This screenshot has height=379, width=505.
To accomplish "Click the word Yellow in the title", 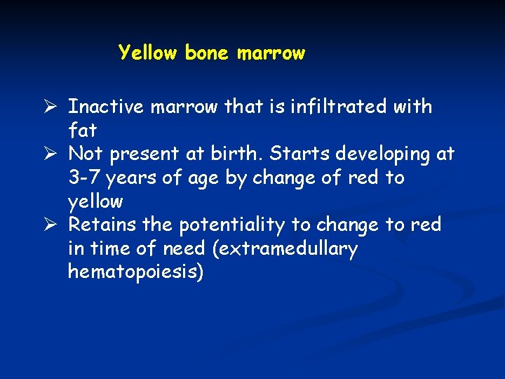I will pyautogui.click(x=148, y=53).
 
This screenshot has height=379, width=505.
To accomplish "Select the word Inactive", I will pyautogui.click(x=107, y=107).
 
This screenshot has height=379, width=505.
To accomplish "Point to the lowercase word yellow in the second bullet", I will pyautogui.click(x=95, y=202).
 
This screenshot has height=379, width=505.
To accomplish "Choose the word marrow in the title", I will pyautogui.click(x=271, y=53).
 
